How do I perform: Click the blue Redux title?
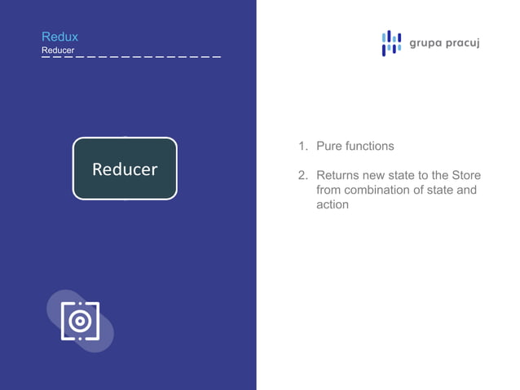coord(59,37)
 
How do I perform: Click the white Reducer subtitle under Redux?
coord(58,50)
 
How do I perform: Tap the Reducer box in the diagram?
coord(125,169)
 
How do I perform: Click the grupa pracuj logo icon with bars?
coord(391,43)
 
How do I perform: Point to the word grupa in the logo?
coord(425,43)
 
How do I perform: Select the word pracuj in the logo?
coord(462,43)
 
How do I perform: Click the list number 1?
coord(302,147)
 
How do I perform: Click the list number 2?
coord(302,176)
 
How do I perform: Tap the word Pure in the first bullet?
coord(328,147)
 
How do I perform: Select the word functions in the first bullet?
coord(369,147)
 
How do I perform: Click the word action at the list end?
coord(333,205)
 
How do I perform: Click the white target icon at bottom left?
coord(80,322)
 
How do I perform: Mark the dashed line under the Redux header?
coord(130,57)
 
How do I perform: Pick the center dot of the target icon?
coord(80,322)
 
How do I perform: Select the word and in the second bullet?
coord(465,191)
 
